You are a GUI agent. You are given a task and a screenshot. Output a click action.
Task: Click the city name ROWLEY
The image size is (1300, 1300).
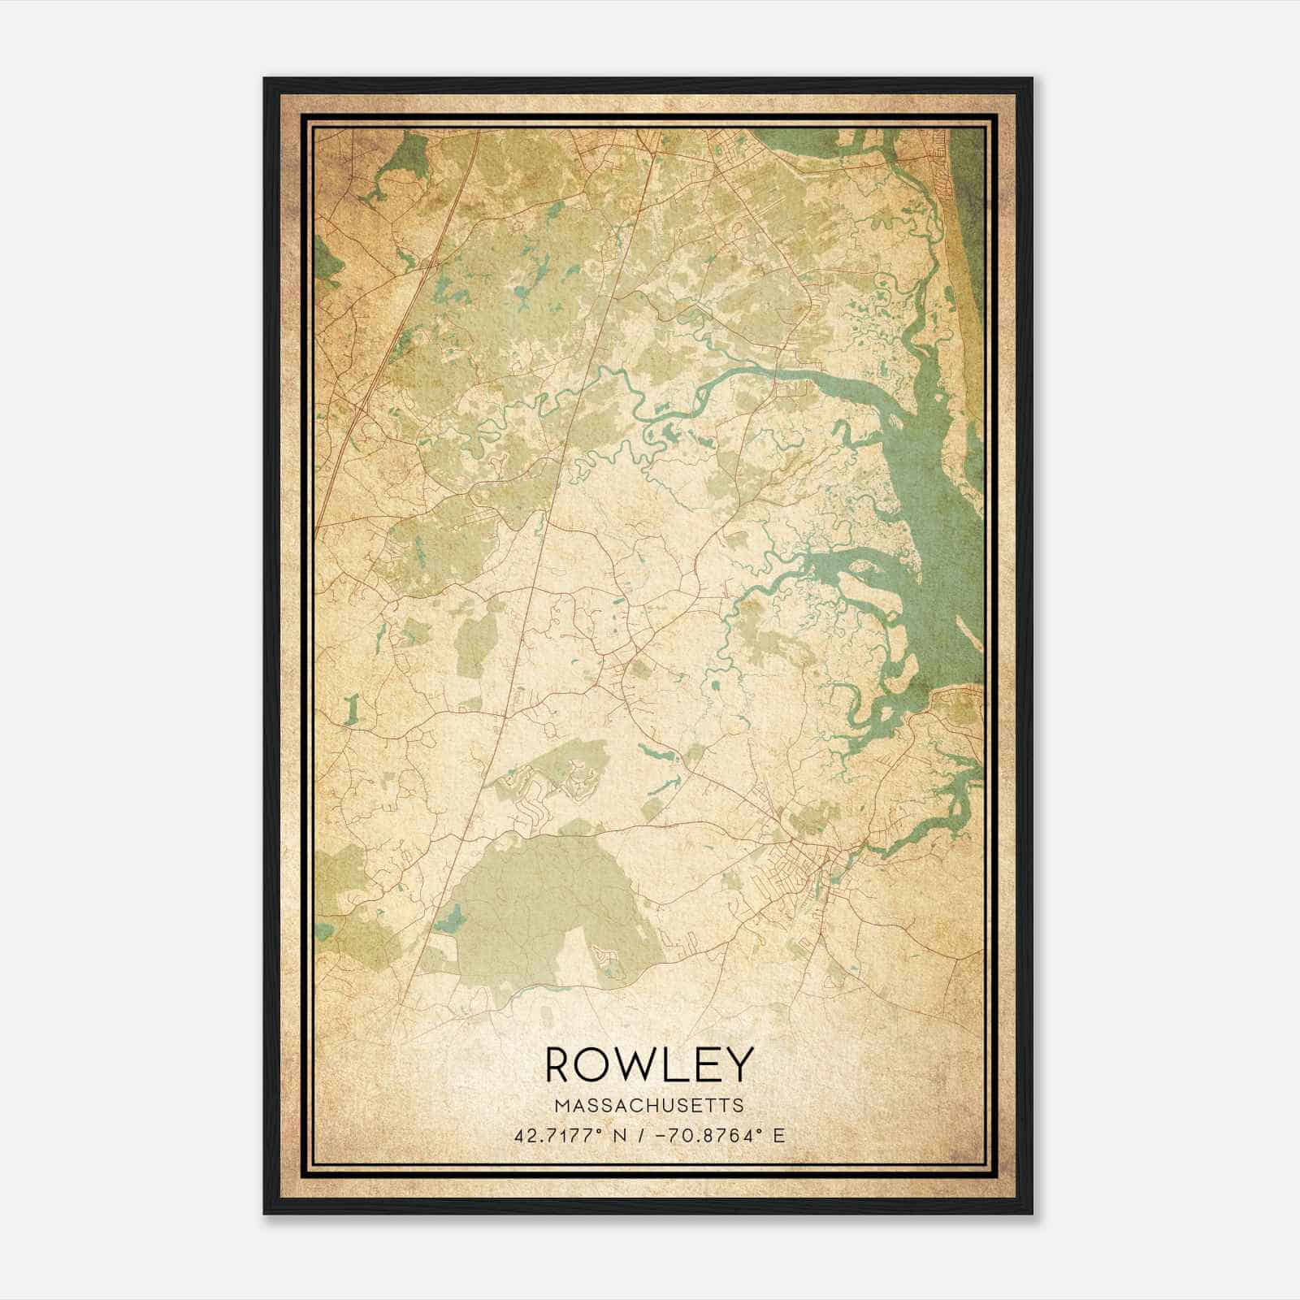point(649,1064)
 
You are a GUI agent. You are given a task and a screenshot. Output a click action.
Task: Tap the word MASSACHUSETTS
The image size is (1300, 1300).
point(649,1106)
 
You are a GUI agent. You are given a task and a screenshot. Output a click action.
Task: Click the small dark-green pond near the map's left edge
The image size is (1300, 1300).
point(351,711)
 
